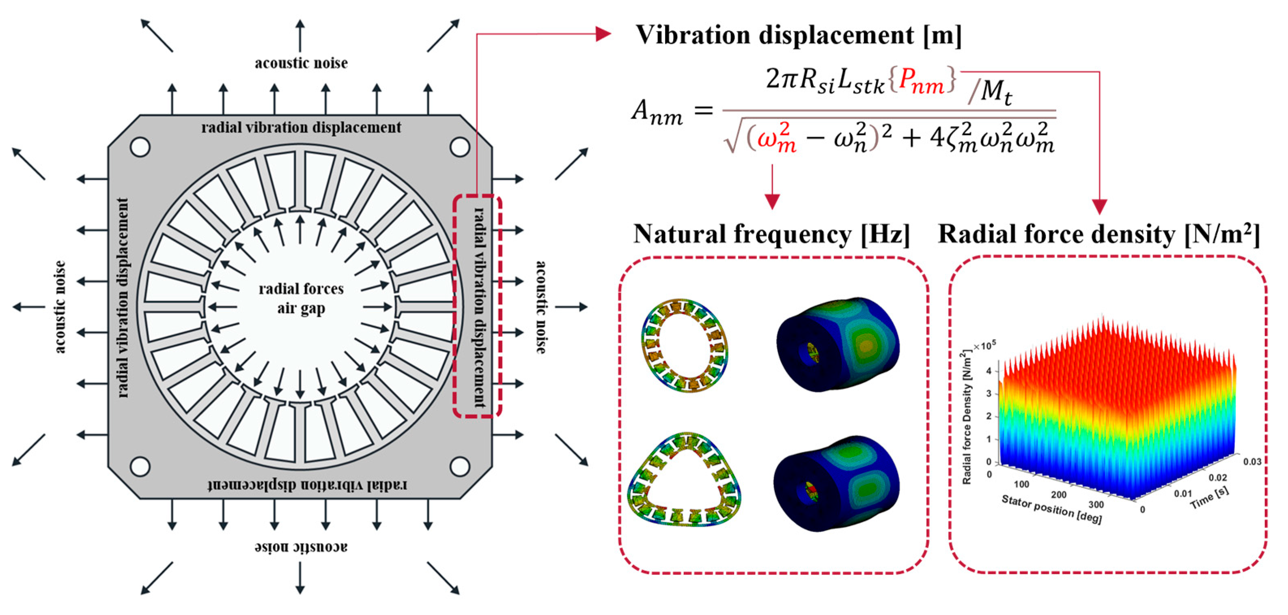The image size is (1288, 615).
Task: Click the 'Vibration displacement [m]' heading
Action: click(x=798, y=36)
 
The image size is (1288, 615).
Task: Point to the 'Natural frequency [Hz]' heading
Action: click(x=771, y=234)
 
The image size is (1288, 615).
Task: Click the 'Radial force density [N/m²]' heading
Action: click(x=1098, y=234)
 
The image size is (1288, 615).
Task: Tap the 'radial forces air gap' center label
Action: click(x=301, y=299)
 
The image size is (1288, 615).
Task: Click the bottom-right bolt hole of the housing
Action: click(x=459, y=467)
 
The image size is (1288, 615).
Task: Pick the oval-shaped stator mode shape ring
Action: click(x=685, y=346)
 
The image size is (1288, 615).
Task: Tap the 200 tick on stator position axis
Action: click(x=1058, y=495)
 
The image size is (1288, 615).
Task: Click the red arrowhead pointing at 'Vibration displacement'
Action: click(x=603, y=34)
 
